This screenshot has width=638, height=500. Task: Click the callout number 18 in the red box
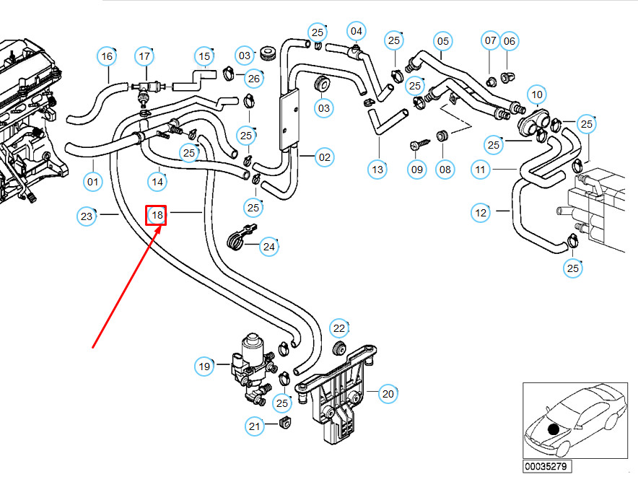click(157, 214)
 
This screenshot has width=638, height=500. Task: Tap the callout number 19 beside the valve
click(204, 367)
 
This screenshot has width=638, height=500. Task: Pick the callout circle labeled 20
click(388, 393)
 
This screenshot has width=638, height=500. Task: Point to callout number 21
click(254, 427)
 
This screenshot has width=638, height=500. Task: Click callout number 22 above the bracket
click(339, 329)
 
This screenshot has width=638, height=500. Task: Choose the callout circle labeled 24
click(268, 247)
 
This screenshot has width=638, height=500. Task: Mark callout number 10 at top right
click(536, 94)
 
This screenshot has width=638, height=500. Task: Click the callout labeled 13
click(377, 170)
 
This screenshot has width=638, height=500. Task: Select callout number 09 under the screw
click(417, 170)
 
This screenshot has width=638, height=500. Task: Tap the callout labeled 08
click(445, 170)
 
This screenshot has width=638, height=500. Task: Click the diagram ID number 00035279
click(548, 466)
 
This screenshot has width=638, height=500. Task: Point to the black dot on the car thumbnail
click(554, 429)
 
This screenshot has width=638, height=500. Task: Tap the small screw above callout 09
click(417, 145)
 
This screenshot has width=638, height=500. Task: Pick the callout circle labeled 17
click(145, 56)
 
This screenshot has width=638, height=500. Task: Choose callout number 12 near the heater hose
click(481, 212)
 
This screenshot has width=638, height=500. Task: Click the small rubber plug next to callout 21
click(284, 421)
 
